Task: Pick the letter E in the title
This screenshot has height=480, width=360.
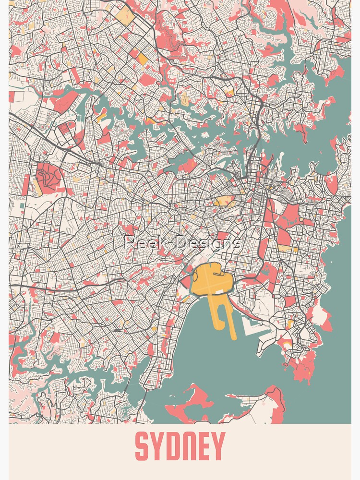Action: point(204,446)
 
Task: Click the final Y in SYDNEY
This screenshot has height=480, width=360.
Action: point(218,446)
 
